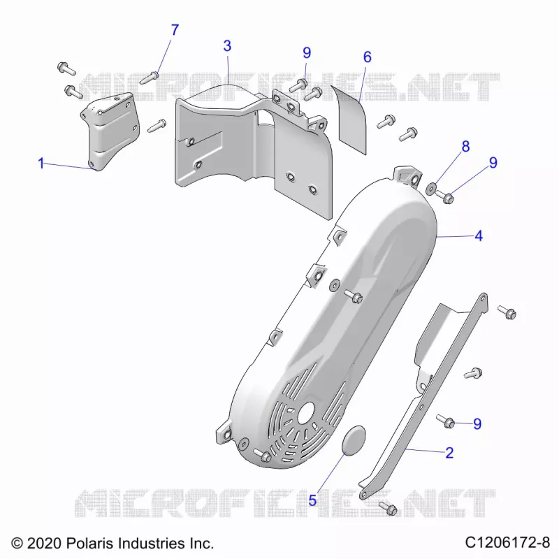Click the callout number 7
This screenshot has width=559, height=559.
tap(174, 30)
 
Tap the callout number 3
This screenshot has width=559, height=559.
tap(227, 46)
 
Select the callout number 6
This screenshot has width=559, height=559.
tap(368, 57)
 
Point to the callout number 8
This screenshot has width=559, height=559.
tap(465, 147)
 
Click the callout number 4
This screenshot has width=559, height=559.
tap(479, 236)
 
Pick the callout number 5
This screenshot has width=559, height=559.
tap(312, 500)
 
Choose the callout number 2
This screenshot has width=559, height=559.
tap(449, 453)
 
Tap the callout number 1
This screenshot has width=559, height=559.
tap(41, 164)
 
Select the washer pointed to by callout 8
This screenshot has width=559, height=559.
tap(431, 188)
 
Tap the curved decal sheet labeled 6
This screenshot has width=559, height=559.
tap(350, 120)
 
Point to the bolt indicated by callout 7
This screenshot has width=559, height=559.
tap(149, 78)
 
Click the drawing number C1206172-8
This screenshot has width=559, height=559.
tap(507, 543)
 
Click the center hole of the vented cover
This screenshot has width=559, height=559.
tap(306, 413)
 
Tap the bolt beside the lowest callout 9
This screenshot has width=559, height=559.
tap(446, 421)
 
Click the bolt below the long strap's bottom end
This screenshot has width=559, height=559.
tap(388, 508)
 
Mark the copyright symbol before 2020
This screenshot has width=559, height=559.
tap(17, 544)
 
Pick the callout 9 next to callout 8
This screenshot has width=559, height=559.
tap(493, 163)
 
